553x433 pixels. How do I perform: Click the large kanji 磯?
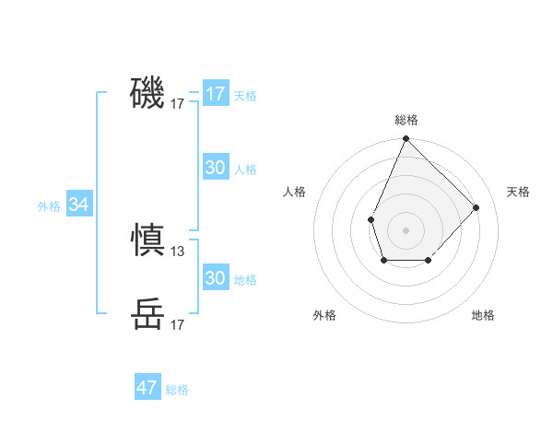(x=147, y=93)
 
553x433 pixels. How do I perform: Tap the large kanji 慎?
(x=147, y=240)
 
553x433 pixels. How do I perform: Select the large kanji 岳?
(x=147, y=314)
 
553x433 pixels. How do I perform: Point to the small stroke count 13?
(x=178, y=251)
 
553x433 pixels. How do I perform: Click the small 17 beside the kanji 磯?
(x=178, y=105)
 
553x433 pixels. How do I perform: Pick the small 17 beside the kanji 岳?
(x=178, y=325)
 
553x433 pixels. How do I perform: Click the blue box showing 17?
(x=216, y=94)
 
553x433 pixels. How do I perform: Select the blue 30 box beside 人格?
(x=216, y=168)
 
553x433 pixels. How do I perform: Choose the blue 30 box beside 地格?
(x=216, y=278)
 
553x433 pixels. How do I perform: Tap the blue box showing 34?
(x=79, y=205)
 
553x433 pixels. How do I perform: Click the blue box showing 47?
(x=147, y=388)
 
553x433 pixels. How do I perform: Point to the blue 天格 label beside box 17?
(x=245, y=96)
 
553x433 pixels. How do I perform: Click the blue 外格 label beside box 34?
(x=49, y=206)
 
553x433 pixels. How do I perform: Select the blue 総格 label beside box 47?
(x=177, y=390)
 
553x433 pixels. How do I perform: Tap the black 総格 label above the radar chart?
(x=406, y=120)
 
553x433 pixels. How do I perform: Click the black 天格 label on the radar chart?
(x=518, y=192)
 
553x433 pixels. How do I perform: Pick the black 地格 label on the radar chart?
(x=483, y=315)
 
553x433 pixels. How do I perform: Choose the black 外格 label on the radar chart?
(x=324, y=315)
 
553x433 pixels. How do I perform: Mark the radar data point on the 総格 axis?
(x=406, y=139)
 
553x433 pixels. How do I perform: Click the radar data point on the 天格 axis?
(x=477, y=207)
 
